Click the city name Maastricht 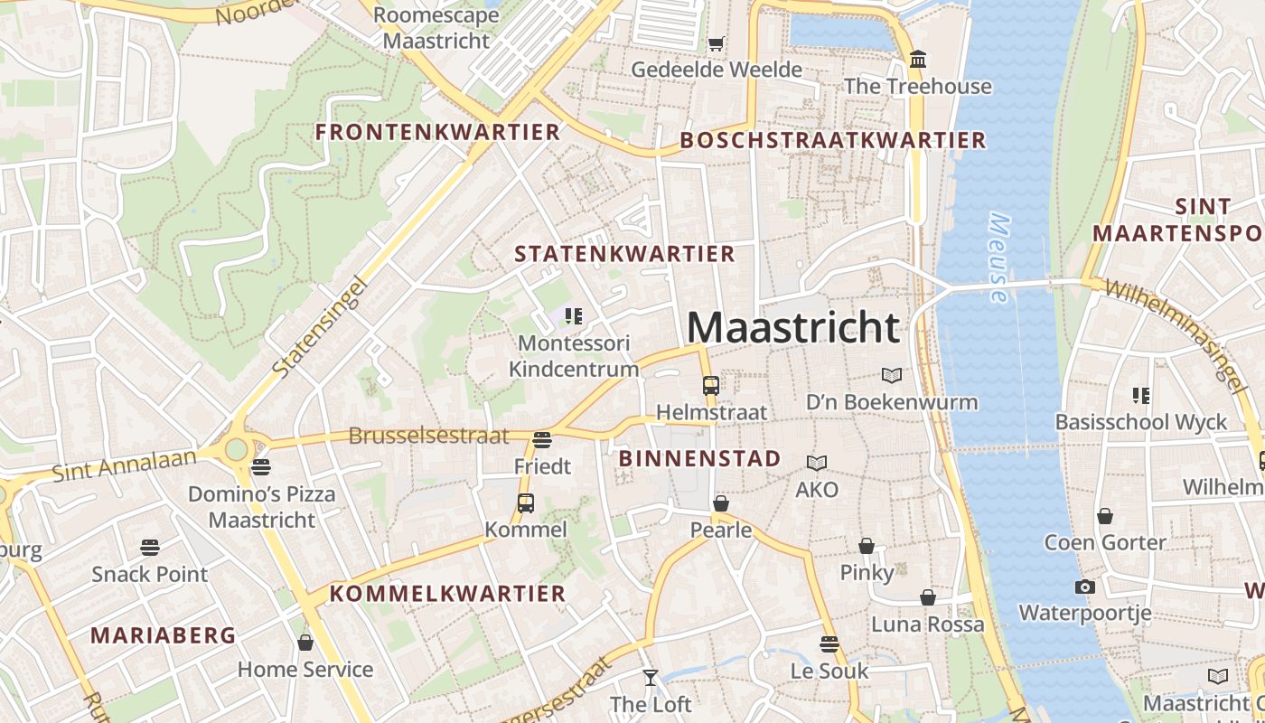tap(793, 326)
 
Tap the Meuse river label tap(998, 258)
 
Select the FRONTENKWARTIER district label tap(437, 132)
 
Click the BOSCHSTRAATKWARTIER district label tap(832, 140)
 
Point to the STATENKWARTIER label tap(624, 254)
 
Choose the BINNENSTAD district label tap(699, 458)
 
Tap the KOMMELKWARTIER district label tap(447, 594)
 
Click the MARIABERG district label tap(163, 635)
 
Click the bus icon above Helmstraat tap(711, 385)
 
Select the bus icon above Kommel tap(525, 502)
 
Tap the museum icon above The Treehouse tap(918, 60)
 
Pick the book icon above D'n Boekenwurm tap(891, 375)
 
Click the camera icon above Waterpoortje tap(1084, 587)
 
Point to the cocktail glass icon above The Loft tap(650, 677)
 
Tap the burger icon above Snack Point tap(150, 547)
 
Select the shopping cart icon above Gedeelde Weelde tap(716, 42)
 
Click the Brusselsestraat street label tap(428, 436)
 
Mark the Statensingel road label tap(321, 327)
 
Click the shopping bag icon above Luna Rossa tap(927, 597)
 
